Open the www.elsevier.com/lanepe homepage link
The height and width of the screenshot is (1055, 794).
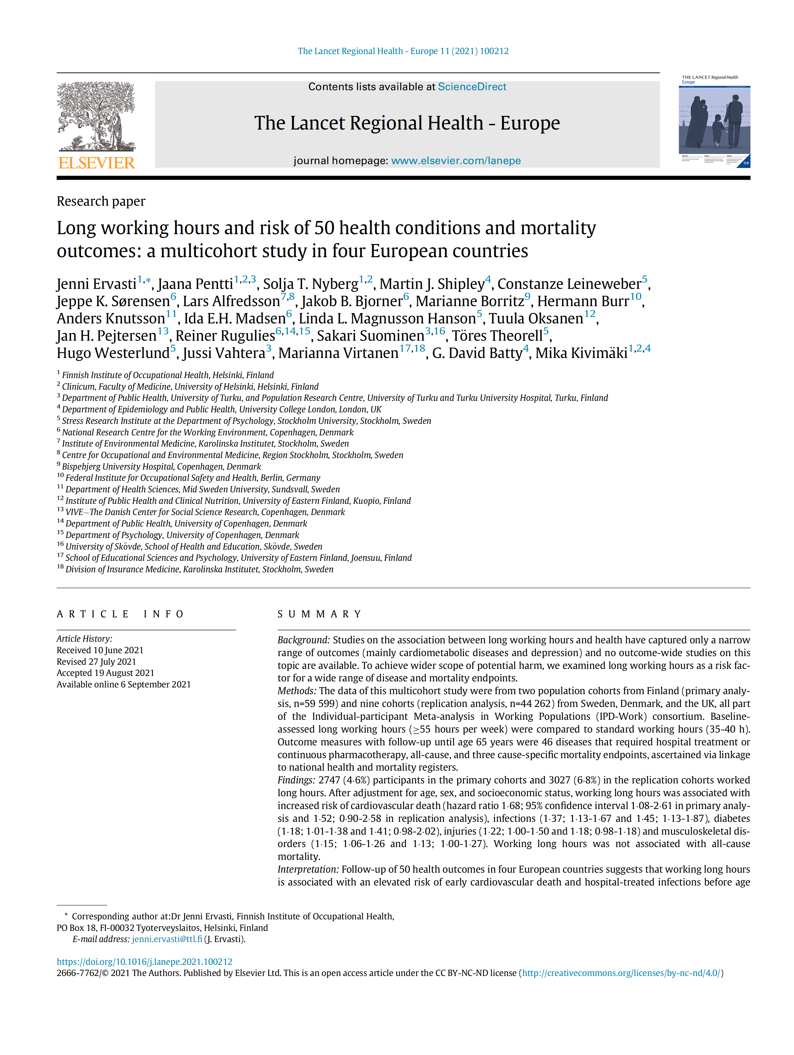click(456, 161)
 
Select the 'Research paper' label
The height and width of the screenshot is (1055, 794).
click(101, 201)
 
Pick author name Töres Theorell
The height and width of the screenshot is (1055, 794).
click(497, 336)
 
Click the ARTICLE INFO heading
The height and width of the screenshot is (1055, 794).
click(120, 614)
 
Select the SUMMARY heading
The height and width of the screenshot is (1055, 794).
click(320, 614)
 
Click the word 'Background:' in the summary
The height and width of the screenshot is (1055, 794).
click(304, 640)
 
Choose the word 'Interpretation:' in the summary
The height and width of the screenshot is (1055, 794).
click(308, 869)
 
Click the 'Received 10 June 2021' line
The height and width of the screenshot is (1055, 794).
click(100, 650)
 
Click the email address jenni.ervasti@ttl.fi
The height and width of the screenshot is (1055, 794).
click(166, 939)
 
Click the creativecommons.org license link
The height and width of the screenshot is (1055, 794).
click(621, 973)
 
